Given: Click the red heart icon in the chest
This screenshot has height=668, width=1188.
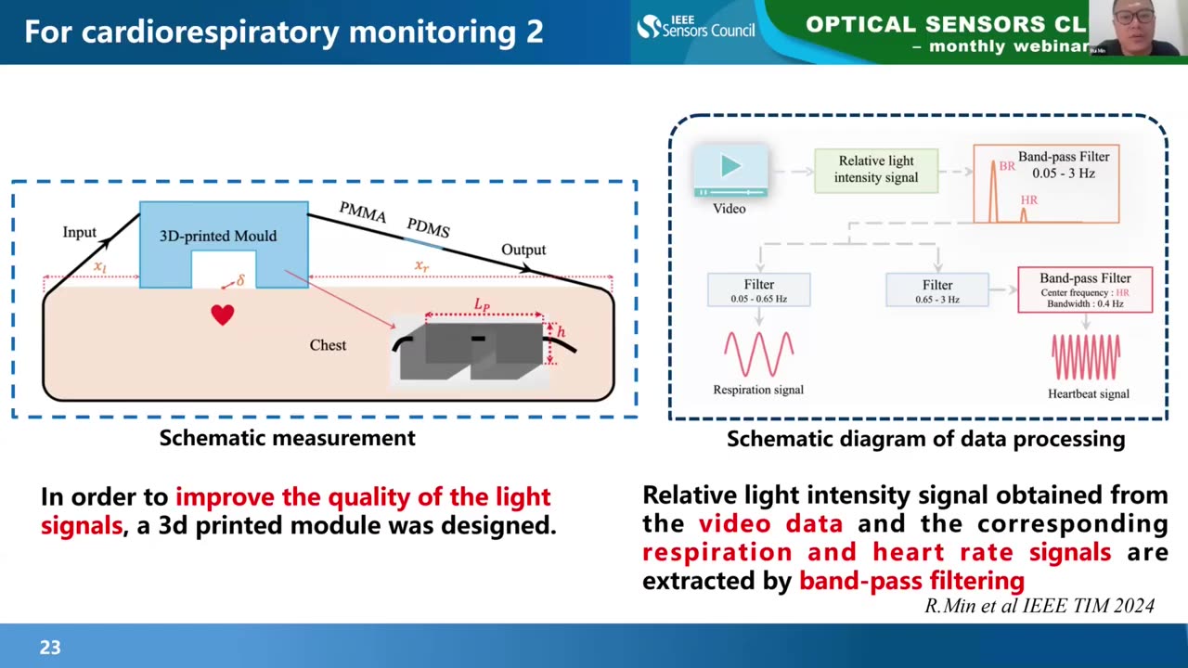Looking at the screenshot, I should (x=222, y=315).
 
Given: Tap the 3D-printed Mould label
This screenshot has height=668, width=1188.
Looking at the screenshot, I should (x=218, y=236).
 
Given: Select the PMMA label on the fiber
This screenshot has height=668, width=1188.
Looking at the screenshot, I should (x=362, y=212).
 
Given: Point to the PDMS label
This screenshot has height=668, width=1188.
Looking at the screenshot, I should (x=428, y=228).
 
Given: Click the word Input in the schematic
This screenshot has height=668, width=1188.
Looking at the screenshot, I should (x=80, y=232).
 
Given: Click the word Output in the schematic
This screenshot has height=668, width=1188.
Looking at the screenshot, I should (x=523, y=250).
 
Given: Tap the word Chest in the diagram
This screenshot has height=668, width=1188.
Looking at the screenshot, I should (x=328, y=345).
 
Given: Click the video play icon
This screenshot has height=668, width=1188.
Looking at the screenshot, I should (x=730, y=167).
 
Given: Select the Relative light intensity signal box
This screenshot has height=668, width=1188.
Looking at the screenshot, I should (x=876, y=170).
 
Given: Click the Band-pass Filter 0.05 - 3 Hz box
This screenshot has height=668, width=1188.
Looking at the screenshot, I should (x=1046, y=183).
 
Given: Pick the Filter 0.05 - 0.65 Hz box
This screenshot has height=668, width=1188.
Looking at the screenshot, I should (x=758, y=290).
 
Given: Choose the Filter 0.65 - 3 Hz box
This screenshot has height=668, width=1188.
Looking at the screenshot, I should (x=937, y=290).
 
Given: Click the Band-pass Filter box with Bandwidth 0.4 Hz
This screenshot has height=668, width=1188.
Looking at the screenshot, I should (x=1085, y=289).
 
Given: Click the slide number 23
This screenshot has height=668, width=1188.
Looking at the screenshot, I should (x=50, y=648).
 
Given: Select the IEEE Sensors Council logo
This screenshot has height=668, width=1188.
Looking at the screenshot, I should (x=696, y=27).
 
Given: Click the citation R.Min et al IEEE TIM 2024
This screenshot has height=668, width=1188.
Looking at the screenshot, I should (x=1039, y=606).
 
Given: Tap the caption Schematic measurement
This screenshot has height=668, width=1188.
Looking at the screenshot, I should (x=287, y=438).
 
